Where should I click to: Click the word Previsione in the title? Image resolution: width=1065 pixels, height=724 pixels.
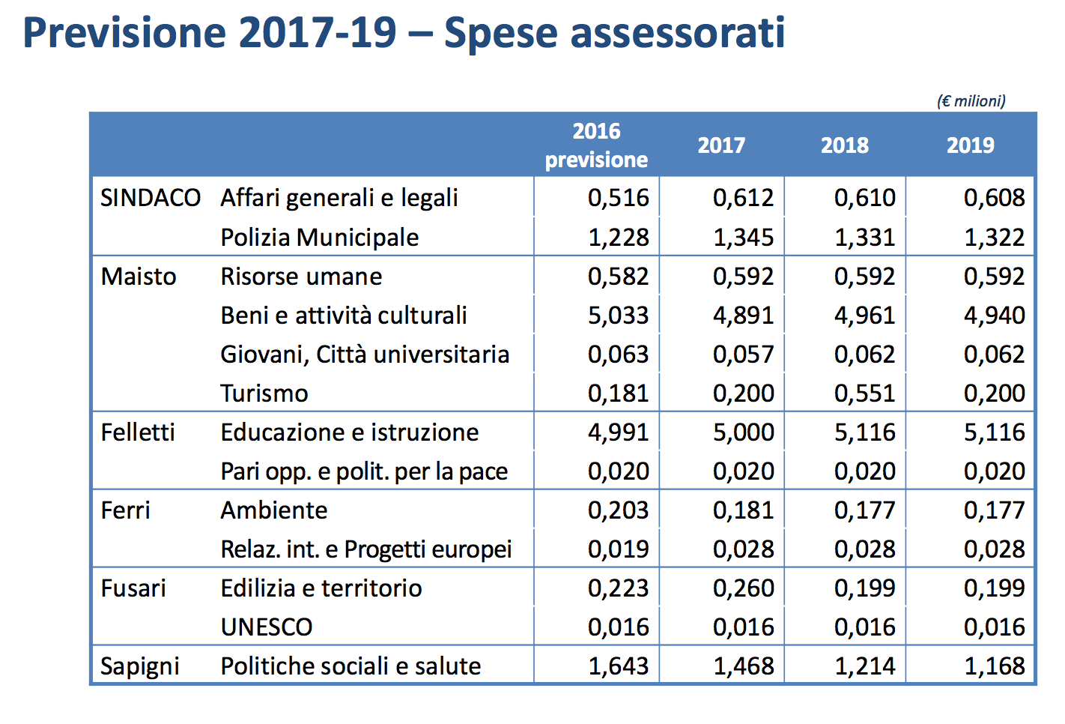pos(124,34)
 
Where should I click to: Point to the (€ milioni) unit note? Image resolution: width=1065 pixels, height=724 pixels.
pos(971,101)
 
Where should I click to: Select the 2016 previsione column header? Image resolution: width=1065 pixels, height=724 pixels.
pos(596,145)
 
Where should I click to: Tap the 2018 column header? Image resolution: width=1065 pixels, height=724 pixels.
pos(845,145)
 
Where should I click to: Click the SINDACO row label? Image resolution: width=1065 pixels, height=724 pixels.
pos(151,198)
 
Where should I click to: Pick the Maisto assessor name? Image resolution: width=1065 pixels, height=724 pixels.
pos(139,277)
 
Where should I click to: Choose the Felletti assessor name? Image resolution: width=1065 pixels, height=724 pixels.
pos(138,432)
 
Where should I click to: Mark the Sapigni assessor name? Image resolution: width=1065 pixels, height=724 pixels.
pos(140,666)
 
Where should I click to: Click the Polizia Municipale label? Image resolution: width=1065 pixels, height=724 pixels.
pos(319,238)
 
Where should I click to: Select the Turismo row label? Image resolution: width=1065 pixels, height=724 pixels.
pos(264,393)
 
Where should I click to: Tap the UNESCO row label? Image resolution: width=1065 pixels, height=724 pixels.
pos(266,627)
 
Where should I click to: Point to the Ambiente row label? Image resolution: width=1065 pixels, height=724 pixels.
pos(273,510)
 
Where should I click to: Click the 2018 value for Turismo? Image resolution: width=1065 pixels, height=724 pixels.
pos(865,393)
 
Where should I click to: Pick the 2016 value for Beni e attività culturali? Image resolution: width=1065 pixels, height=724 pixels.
pos(618,316)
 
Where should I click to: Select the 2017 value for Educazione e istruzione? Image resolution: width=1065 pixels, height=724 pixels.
pos(743,432)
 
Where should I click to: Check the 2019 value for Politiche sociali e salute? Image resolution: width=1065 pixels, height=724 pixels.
pos(994,666)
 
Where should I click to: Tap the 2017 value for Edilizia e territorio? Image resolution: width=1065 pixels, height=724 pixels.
pos(743,588)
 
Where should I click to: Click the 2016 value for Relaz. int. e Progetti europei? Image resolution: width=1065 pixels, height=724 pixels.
pos(618,549)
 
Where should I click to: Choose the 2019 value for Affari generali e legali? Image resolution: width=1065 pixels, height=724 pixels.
pos(994,198)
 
